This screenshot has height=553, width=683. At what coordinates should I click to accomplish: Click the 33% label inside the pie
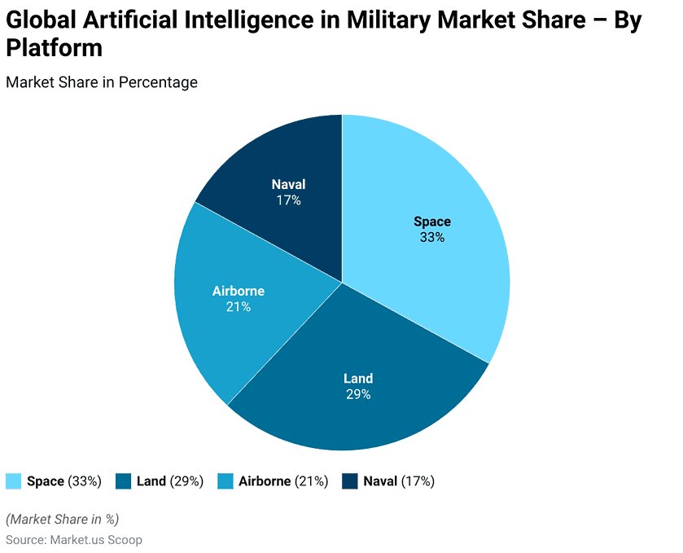[432, 238]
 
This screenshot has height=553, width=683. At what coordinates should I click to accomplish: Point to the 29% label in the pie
[358, 394]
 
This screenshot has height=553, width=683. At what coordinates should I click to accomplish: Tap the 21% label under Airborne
[239, 307]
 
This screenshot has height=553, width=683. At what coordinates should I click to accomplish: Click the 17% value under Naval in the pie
[288, 200]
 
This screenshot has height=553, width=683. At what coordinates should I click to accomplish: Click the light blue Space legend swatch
[14, 481]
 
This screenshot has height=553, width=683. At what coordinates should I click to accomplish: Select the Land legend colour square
[124, 481]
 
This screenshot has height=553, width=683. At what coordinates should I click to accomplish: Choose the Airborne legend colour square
[225, 481]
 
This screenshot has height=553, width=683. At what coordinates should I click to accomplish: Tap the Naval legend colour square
[350, 481]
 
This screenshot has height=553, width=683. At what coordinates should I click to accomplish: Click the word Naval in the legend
[380, 481]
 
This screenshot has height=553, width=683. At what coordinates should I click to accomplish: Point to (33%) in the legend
[85, 481]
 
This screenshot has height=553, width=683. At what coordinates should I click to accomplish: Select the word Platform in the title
[55, 48]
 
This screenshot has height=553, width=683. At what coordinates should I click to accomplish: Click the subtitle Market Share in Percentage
[102, 82]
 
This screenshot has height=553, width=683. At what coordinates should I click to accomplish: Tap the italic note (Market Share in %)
[63, 520]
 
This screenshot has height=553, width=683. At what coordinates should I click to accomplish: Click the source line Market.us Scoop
[95, 540]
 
